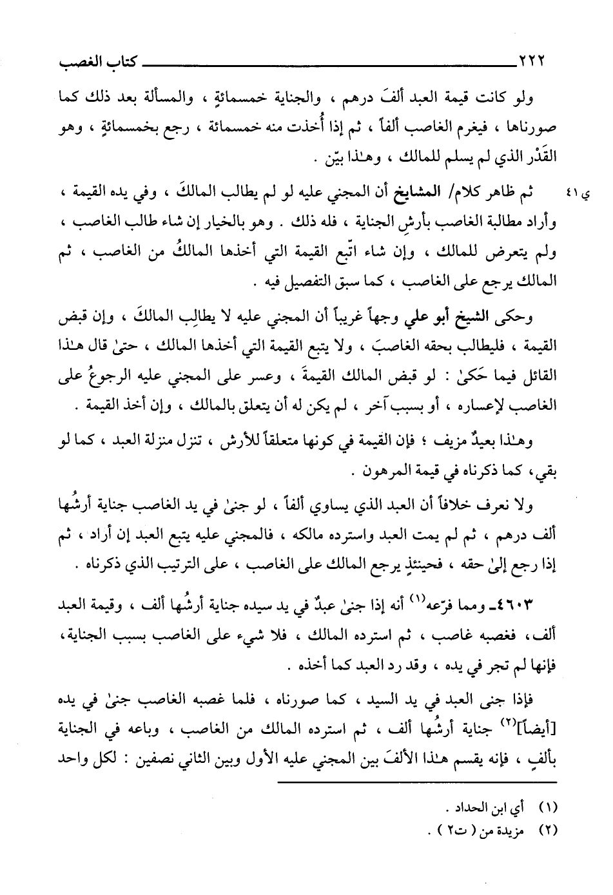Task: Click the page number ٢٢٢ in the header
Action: click(532, 63)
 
